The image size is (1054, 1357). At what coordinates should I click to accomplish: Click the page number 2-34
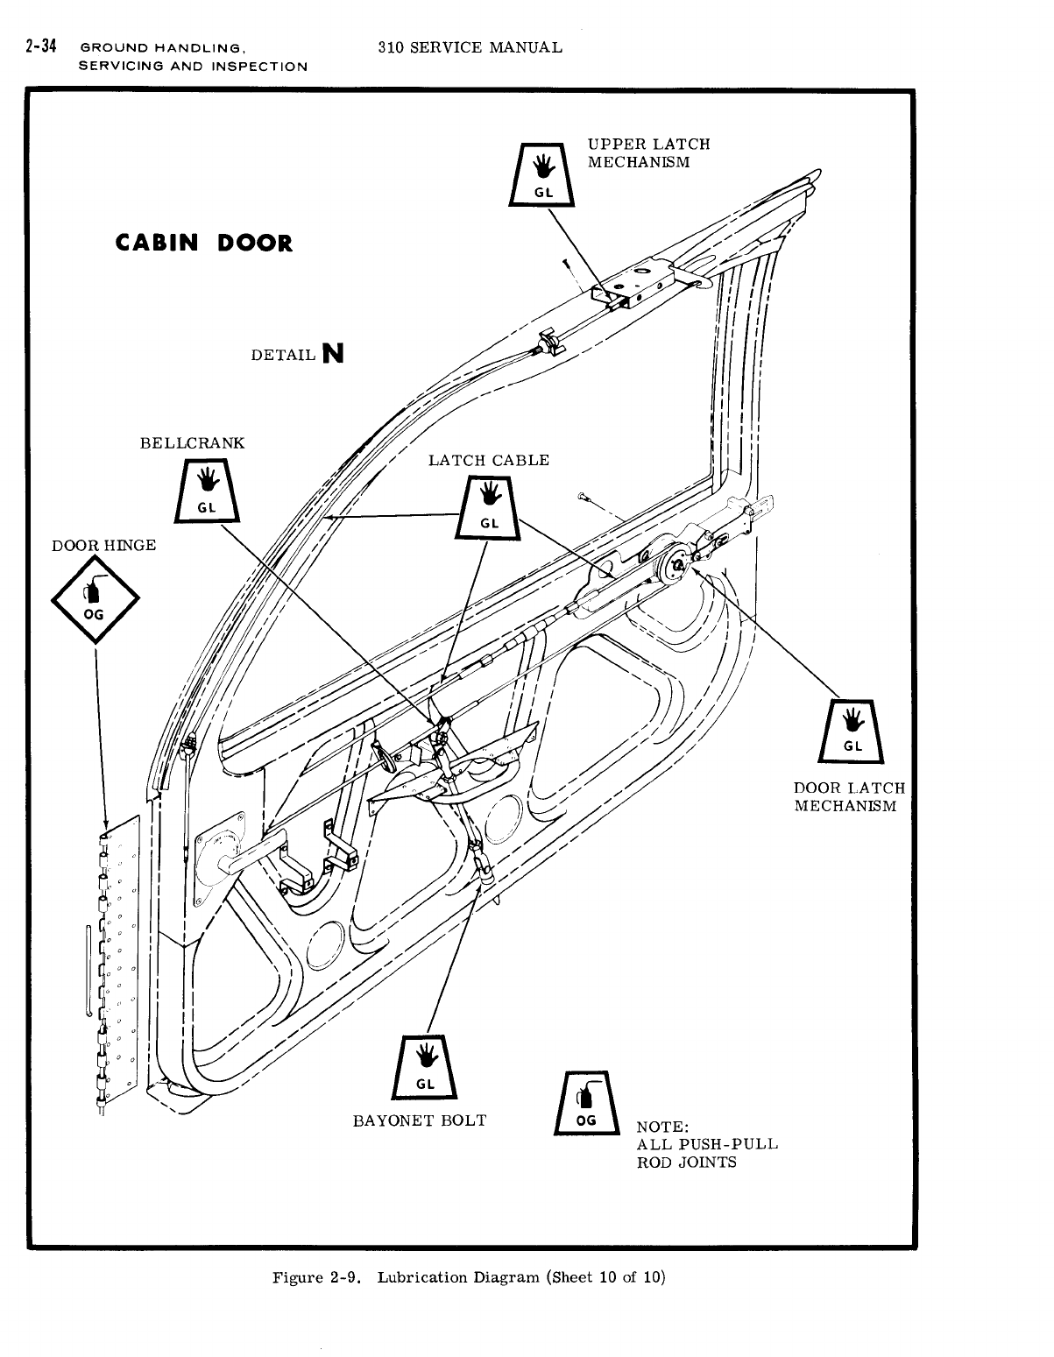point(42,47)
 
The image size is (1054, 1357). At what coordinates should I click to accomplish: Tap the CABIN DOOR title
point(204,243)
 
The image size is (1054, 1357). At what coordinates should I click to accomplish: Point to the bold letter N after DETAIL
point(332,353)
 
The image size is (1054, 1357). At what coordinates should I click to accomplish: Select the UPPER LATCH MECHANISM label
point(648,153)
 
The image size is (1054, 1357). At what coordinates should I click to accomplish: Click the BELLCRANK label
point(193,442)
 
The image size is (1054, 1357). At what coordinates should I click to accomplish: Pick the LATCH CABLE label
point(489,460)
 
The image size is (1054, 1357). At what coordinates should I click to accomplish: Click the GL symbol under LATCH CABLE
point(489,507)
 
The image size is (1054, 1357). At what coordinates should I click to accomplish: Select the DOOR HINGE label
point(103,546)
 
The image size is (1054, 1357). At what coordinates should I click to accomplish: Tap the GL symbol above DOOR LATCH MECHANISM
point(852,732)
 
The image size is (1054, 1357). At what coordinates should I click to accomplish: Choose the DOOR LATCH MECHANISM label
point(849,797)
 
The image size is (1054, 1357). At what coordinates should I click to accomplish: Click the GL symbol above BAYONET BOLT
point(424,1066)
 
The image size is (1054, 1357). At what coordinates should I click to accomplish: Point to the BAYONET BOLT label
point(419,1120)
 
